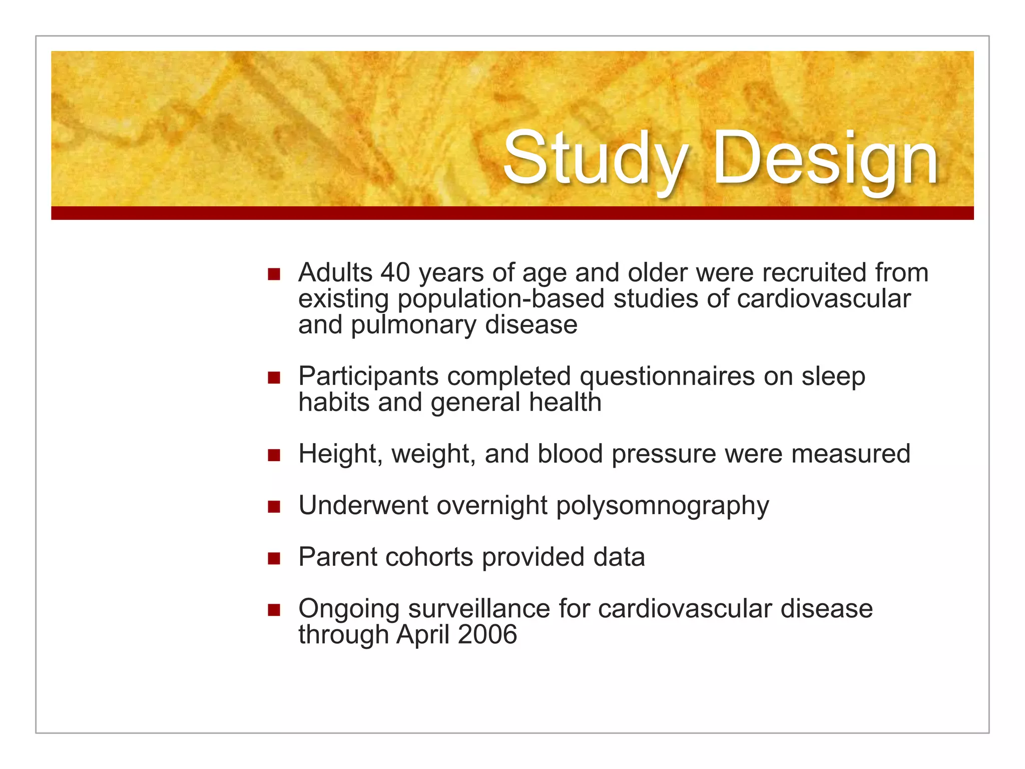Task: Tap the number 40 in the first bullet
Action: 395,273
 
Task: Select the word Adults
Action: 335,273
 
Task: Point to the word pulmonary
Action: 413,325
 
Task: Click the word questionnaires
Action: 667,376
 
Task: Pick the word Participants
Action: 368,376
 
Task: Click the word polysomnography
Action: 662,506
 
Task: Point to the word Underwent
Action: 363,506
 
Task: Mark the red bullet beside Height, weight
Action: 274,455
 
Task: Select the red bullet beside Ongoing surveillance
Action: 274,610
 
